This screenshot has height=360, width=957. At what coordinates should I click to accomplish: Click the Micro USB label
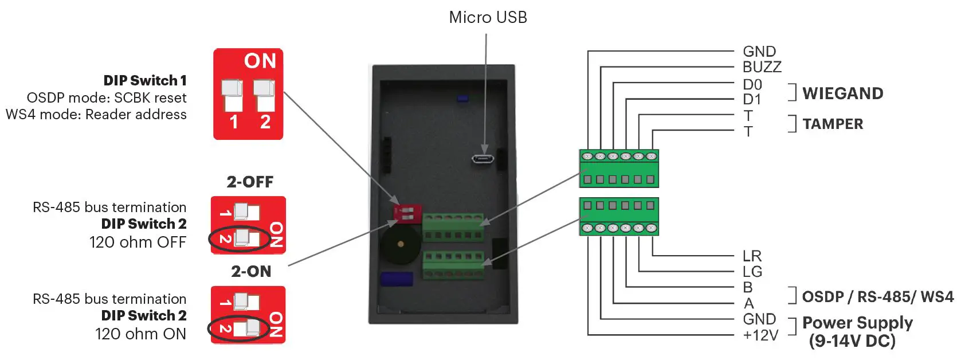click(x=488, y=17)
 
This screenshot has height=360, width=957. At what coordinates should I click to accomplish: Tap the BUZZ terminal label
click(x=762, y=67)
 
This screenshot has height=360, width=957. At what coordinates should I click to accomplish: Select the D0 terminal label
click(x=752, y=84)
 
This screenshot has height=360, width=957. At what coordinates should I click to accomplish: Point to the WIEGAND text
click(x=842, y=93)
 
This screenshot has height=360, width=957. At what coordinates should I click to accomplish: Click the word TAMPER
click(x=832, y=124)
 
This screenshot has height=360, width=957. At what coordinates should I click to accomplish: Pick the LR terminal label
click(x=752, y=256)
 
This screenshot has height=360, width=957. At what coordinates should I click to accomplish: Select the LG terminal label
click(x=752, y=272)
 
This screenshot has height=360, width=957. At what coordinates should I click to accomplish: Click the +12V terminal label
click(x=760, y=335)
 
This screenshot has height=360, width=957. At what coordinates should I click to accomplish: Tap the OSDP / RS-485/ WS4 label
click(x=877, y=296)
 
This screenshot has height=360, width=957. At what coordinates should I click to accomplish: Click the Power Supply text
click(x=857, y=323)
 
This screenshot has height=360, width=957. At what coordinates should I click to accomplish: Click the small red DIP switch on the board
click(x=407, y=214)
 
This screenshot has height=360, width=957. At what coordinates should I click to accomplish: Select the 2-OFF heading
click(x=250, y=182)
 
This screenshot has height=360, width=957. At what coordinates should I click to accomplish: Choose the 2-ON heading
click(x=251, y=271)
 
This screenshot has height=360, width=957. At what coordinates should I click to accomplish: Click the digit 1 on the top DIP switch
click(x=234, y=122)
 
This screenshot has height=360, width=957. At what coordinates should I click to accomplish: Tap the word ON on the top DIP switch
click(x=260, y=61)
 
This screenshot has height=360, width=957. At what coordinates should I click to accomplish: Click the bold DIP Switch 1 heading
click(x=144, y=80)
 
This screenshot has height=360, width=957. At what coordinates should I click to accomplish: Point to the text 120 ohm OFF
click(x=138, y=242)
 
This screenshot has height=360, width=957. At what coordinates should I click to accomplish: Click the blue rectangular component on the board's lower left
click(x=397, y=279)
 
